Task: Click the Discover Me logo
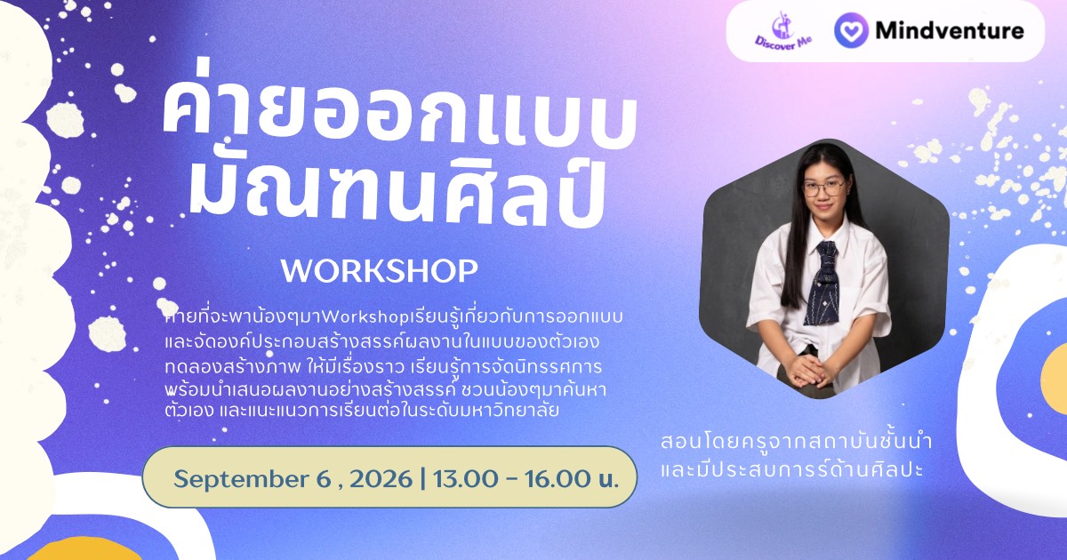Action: click(783, 31)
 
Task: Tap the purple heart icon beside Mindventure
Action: click(851, 30)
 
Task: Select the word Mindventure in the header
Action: click(950, 31)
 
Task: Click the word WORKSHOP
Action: click(379, 271)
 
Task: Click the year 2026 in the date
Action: click(381, 478)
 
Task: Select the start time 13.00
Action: click(465, 478)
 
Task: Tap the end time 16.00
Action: click(558, 478)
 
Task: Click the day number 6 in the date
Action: click(323, 478)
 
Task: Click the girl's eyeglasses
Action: click(823, 188)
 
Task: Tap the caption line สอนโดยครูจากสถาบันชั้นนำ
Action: click(796, 442)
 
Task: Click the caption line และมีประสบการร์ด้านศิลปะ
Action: click(791, 469)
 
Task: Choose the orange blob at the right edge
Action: click(1054, 379)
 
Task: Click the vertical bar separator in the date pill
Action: click(423, 479)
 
